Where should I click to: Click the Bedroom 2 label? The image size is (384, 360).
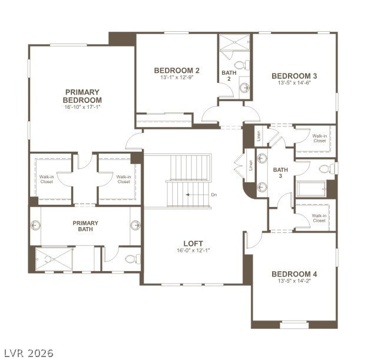(177, 71)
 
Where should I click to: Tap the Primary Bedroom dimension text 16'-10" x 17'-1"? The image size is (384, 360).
(82, 107)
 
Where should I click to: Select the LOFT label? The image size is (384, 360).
(193, 244)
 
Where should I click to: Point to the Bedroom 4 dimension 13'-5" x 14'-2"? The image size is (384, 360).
(294, 281)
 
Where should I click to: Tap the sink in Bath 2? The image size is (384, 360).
(244, 87)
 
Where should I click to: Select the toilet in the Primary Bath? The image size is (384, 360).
(133, 259)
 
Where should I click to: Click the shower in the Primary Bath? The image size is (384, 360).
(54, 259)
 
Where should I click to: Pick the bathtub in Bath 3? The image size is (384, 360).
(312, 189)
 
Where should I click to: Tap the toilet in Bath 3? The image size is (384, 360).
(327, 169)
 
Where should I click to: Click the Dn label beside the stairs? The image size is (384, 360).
(214, 195)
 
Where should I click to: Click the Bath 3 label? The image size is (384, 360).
(280, 173)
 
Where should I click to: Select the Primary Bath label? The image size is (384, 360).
(85, 226)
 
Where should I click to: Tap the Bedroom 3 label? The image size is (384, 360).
(294, 76)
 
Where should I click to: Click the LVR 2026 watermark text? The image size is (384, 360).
(29, 353)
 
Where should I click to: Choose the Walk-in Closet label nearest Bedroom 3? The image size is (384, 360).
(320, 138)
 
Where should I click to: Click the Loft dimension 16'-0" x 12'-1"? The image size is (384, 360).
(193, 251)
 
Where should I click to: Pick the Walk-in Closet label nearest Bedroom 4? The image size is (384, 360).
(319, 218)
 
